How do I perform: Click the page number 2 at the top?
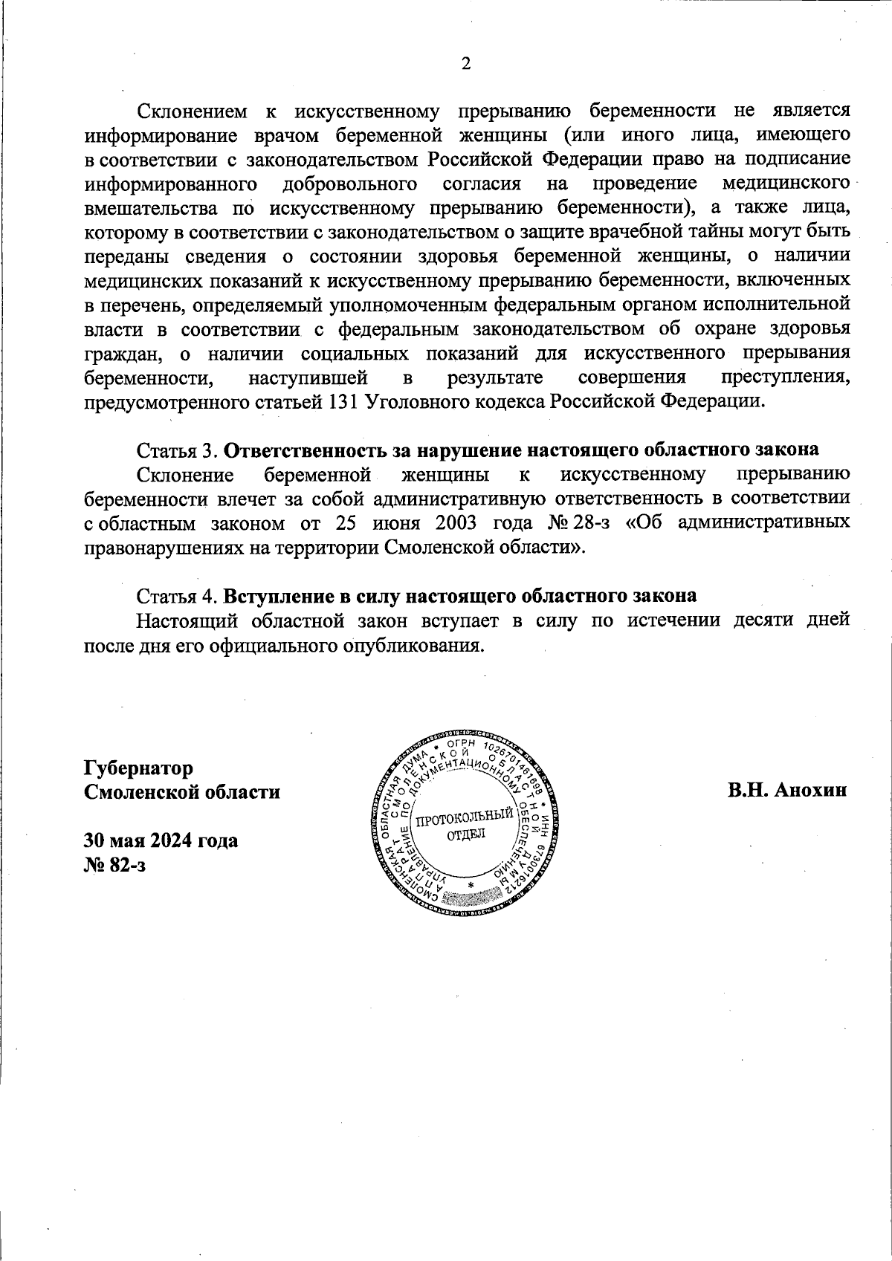coord(466,64)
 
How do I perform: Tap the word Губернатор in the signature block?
coord(139,767)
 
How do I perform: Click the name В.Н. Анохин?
coord(787,790)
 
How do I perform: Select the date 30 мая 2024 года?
coord(161,840)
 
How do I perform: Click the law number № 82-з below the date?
coord(115,865)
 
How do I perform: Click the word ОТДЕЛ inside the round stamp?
coord(465,834)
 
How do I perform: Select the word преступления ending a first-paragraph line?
coord(786,377)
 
